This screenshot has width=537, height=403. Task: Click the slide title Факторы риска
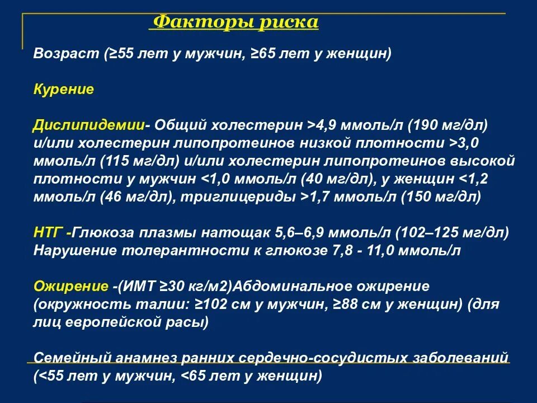[x=235, y=22]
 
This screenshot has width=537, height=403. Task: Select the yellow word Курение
[x=63, y=90]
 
